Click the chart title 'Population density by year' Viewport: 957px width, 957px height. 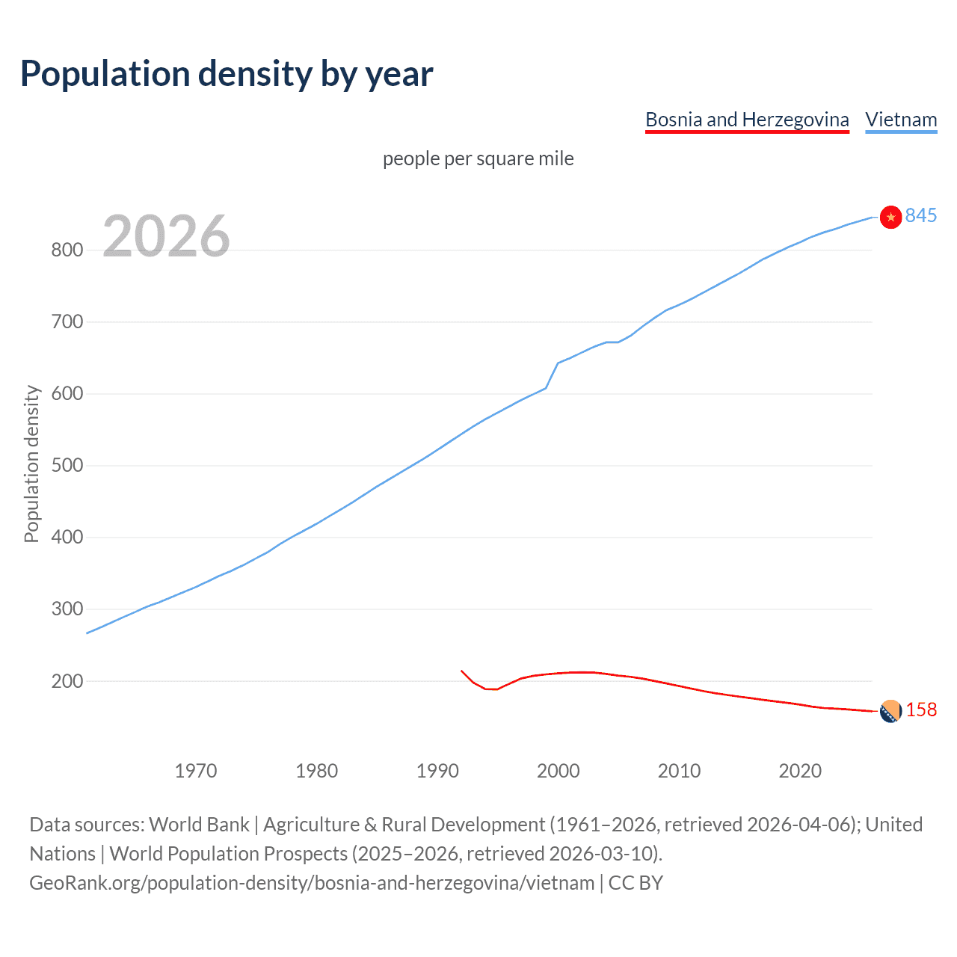[x=227, y=74]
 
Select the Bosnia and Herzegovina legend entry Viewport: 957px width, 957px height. [x=747, y=120]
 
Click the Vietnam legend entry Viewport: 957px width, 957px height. [x=901, y=120]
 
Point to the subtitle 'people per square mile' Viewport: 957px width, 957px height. [x=478, y=159]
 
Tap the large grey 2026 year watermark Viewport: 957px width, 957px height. [x=166, y=236]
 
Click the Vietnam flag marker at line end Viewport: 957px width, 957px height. [x=890, y=217]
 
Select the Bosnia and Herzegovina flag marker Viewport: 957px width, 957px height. [x=890, y=712]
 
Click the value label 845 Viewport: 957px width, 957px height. [x=920, y=216]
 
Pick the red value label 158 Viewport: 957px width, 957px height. [x=921, y=710]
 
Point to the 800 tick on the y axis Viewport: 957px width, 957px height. [x=67, y=250]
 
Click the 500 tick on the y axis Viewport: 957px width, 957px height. [x=67, y=466]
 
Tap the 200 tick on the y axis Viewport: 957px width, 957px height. [x=67, y=681]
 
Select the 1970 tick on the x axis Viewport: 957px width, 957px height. [x=196, y=771]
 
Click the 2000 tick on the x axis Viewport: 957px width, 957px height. [x=558, y=771]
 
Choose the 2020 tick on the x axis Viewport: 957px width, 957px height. [x=800, y=771]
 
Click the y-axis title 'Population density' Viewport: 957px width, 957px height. [x=31, y=464]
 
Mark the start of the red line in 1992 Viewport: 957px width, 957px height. [x=461, y=671]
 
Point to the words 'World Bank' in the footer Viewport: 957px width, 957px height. [x=199, y=825]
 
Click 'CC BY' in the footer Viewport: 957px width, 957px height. [x=636, y=883]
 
